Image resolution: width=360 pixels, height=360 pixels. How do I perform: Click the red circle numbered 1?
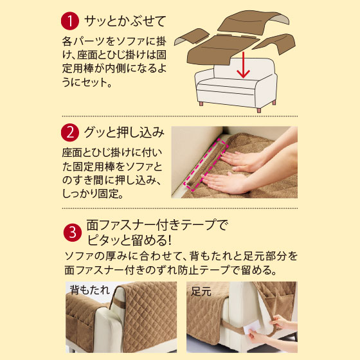(70, 21)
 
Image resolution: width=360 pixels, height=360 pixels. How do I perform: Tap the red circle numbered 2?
(70, 132)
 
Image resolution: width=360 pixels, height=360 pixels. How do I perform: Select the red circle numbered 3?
(73, 232)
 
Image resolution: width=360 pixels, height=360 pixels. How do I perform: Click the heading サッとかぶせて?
(125, 21)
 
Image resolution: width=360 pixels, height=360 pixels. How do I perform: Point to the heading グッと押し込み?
(125, 132)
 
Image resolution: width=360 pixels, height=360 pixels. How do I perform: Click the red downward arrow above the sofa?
(243, 65)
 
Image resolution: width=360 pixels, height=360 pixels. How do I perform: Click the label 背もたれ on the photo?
(90, 290)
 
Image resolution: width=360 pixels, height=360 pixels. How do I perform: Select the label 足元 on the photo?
(201, 292)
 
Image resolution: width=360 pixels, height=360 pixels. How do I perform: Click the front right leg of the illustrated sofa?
(258, 111)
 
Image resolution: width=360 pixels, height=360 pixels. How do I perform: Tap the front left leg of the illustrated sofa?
(201, 104)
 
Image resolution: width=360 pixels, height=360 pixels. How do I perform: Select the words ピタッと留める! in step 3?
(129, 240)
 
